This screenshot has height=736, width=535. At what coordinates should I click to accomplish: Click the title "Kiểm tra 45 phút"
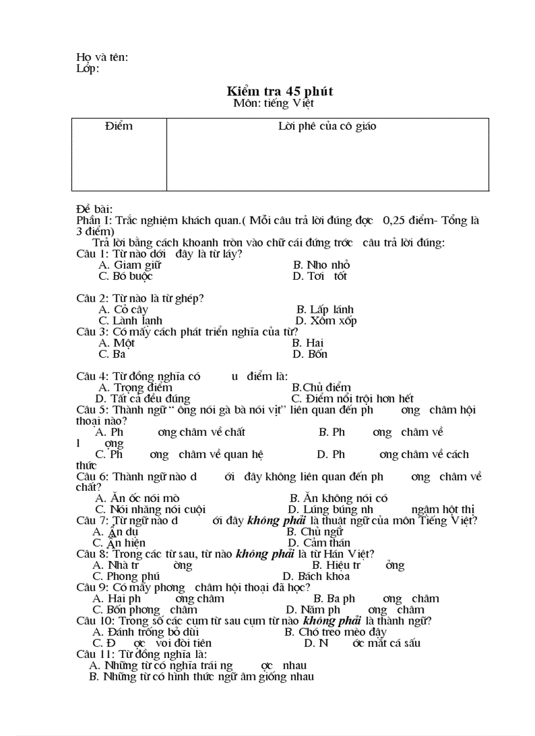[x=280, y=91]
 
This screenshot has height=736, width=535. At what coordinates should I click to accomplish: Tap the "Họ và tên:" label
[x=102, y=57]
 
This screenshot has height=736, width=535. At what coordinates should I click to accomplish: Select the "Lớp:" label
[x=88, y=68]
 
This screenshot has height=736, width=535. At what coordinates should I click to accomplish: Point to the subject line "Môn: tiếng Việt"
[x=273, y=103]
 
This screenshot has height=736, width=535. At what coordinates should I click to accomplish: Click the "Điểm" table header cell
[x=118, y=126]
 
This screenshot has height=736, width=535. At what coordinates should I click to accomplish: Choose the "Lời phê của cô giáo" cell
[x=327, y=126]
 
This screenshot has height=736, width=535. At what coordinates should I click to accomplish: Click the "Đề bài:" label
[x=94, y=209]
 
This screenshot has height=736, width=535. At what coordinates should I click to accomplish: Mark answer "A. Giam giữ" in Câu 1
[x=129, y=265]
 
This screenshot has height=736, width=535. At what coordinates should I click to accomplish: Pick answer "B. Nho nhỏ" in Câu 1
[x=321, y=265]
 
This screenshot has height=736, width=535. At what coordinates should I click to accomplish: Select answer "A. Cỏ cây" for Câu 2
[x=123, y=309]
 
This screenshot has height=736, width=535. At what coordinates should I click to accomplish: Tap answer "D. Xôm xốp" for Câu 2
[x=326, y=320]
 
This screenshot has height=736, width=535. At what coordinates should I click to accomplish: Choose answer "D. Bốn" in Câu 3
[x=309, y=354]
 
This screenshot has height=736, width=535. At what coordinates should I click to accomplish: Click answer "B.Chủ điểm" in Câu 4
[x=321, y=387]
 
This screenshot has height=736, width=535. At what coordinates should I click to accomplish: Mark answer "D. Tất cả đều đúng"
[x=142, y=398]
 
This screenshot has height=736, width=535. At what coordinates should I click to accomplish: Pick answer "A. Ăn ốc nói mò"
[x=137, y=498]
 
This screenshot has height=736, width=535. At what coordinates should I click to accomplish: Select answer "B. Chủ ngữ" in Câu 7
[x=315, y=532]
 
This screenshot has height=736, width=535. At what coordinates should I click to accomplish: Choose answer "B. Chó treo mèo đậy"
[x=335, y=632]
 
